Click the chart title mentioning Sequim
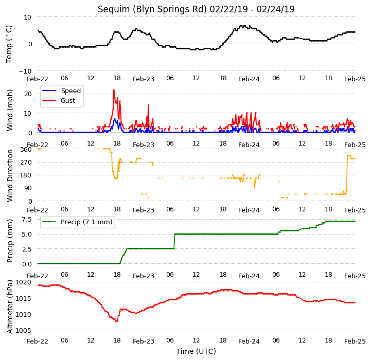tap(196, 9)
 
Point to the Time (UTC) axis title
tap(196, 351)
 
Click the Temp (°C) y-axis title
tap(9, 44)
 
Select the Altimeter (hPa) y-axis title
tap(9, 307)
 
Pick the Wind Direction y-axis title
tap(10, 175)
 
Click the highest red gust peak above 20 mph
tap(114, 90)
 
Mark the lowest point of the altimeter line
tap(116, 321)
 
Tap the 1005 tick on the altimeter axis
tap(23, 331)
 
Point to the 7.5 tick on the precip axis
tap(27, 220)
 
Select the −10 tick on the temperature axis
tap(25, 71)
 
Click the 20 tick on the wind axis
tap(28, 94)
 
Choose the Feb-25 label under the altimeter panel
tap(355, 341)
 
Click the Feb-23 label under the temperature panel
tap(144, 79)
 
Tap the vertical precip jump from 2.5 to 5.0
tap(174, 241)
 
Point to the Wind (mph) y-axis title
tap(10, 110)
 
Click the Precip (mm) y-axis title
tap(10, 241)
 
